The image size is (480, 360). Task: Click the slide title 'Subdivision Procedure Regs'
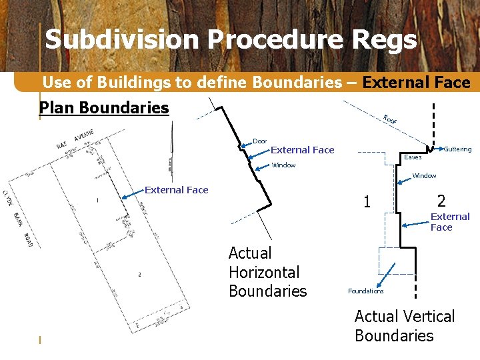[231, 39]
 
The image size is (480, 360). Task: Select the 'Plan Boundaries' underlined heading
[104, 108]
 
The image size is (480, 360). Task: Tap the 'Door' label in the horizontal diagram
[259, 141]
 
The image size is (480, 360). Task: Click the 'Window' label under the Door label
[283, 165]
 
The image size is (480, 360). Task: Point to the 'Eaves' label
[413, 158]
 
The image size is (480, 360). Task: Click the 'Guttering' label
[457, 149]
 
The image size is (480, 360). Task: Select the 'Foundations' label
[365, 291]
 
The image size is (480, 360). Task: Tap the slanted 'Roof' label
[390, 120]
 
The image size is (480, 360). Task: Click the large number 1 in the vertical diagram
[367, 201]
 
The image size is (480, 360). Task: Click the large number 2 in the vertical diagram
[441, 200]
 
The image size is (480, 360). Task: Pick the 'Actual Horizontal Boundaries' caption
[267, 272]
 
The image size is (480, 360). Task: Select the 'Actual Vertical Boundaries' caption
[404, 325]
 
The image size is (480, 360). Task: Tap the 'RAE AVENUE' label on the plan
[75, 139]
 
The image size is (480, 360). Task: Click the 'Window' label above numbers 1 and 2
[424, 176]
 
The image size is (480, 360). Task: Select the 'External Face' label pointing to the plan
[177, 190]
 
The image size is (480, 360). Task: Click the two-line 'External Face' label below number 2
[450, 222]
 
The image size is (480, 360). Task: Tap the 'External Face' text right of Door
[302, 150]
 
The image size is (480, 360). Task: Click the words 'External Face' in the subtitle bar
[417, 83]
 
